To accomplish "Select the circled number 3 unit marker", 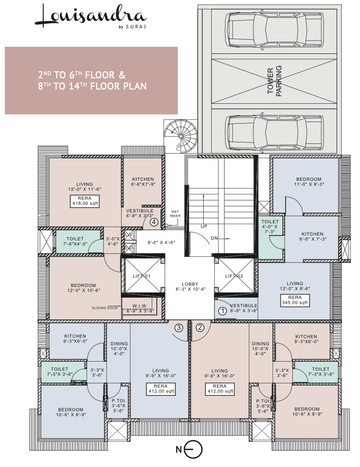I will pyautogui.click(x=179, y=328).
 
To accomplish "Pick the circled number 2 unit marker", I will pyautogui.click(x=200, y=328).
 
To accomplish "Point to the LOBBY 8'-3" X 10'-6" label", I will pyautogui.click(x=189, y=287).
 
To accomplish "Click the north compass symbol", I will pyautogui.click(x=192, y=449).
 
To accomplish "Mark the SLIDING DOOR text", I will pyautogui.click(x=105, y=307).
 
